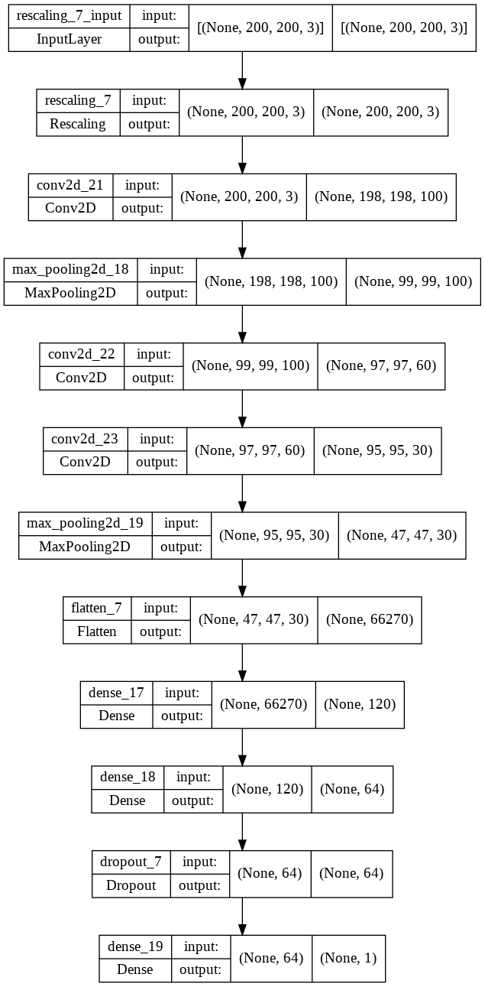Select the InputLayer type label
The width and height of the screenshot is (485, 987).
[x=67, y=40]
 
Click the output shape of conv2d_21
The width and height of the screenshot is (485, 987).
[x=381, y=196]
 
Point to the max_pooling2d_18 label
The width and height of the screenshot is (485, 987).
[x=71, y=269]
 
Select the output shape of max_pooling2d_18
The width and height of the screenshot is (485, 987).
[x=413, y=281]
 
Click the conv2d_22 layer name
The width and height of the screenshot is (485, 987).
[x=82, y=354]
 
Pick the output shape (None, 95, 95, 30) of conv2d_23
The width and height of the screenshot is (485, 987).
[x=377, y=450]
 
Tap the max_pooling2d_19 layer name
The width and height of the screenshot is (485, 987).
[x=86, y=524]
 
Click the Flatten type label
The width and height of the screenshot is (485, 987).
[x=97, y=631]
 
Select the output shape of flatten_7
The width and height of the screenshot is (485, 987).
[x=370, y=619]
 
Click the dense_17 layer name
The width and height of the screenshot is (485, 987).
[x=117, y=692]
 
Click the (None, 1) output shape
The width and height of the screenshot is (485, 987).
[x=348, y=957]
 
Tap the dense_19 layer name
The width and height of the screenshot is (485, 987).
[x=135, y=946]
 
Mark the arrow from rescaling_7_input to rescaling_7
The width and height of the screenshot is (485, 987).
[x=242, y=70]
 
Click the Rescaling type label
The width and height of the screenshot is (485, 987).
[x=78, y=124]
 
